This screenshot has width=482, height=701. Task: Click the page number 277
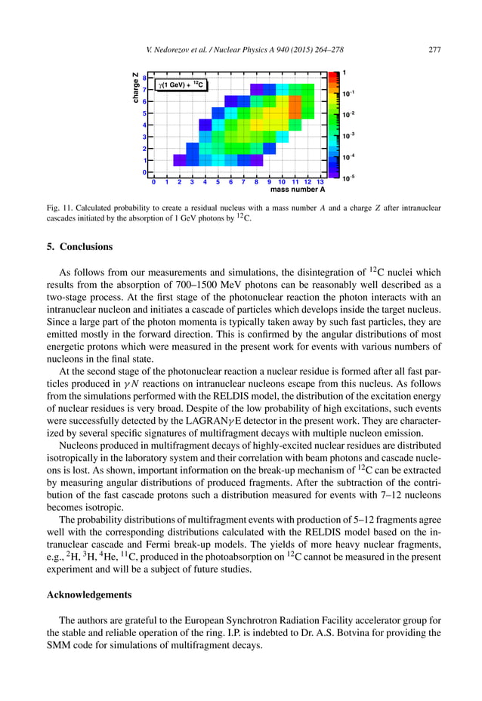click(x=434, y=50)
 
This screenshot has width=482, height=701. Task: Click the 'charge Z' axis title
click(x=134, y=88)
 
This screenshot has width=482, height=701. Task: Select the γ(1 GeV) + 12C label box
click(x=182, y=85)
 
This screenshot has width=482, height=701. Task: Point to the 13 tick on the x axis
click(x=320, y=182)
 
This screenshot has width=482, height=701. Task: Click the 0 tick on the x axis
click(x=154, y=182)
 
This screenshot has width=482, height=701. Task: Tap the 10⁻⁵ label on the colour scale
click(x=348, y=179)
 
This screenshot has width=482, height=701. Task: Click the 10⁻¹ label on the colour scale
click(x=348, y=94)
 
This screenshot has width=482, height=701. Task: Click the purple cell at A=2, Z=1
click(x=180, y=160)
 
